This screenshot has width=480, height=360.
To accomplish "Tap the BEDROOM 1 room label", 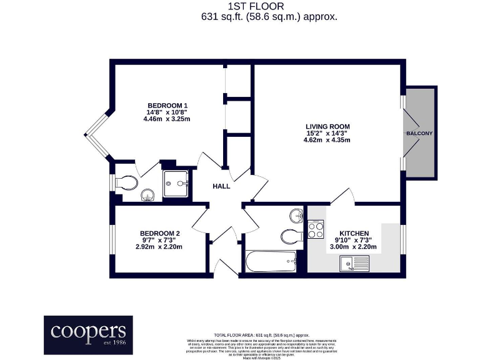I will [167, 105].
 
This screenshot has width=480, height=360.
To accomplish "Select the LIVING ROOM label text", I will [327, 126].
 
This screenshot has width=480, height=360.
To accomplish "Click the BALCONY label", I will [419, 134].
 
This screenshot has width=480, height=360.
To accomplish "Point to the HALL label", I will [221, 186].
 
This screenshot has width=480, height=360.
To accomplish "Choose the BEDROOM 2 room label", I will [159, 233].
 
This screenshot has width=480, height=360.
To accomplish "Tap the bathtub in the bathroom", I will [271, 262].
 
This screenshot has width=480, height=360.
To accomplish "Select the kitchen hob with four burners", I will [316, 230].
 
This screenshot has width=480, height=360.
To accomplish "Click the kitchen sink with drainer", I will [354, 264].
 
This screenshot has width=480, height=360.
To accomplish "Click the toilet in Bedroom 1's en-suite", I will [127, 182].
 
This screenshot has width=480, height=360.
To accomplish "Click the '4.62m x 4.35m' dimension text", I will [327, 140].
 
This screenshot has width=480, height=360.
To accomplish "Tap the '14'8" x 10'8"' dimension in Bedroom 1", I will [167, 112].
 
